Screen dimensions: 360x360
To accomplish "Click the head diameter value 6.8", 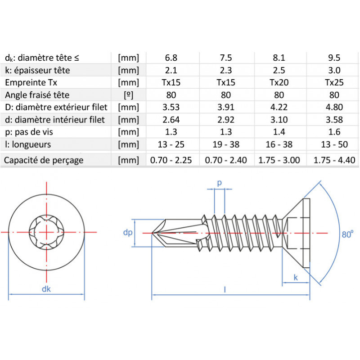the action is (x=171, y=58).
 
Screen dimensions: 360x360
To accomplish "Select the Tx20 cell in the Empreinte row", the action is (x=279, y=82).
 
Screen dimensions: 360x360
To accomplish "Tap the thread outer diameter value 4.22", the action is (x=279, y=107).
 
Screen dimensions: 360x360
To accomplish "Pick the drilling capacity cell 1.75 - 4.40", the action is (x=334, y=160).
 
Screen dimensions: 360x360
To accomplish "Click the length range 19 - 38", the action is (x=226, y=144).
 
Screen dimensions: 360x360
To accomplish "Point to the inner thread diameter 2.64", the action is (x=171, y=120).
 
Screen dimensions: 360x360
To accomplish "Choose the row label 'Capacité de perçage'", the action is (x=44, y=160).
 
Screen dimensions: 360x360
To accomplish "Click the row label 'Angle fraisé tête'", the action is (x=37, y=95).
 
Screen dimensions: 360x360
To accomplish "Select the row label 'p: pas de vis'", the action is (x=29, y=132).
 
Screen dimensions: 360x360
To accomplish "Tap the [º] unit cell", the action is (x=128, y=95).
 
